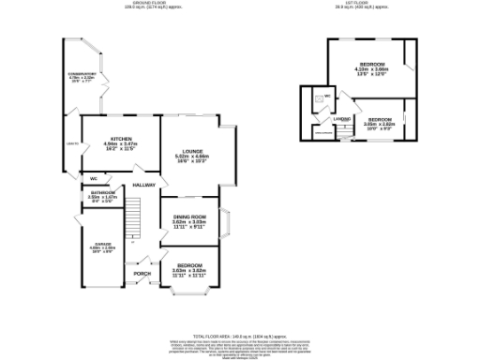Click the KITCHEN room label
tap(121, 141)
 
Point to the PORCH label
tap(142, 273)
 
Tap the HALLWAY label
tap(142, 185)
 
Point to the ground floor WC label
tap(95, 178)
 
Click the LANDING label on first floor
tap(341, 119)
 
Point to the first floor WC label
tap(313, 96)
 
